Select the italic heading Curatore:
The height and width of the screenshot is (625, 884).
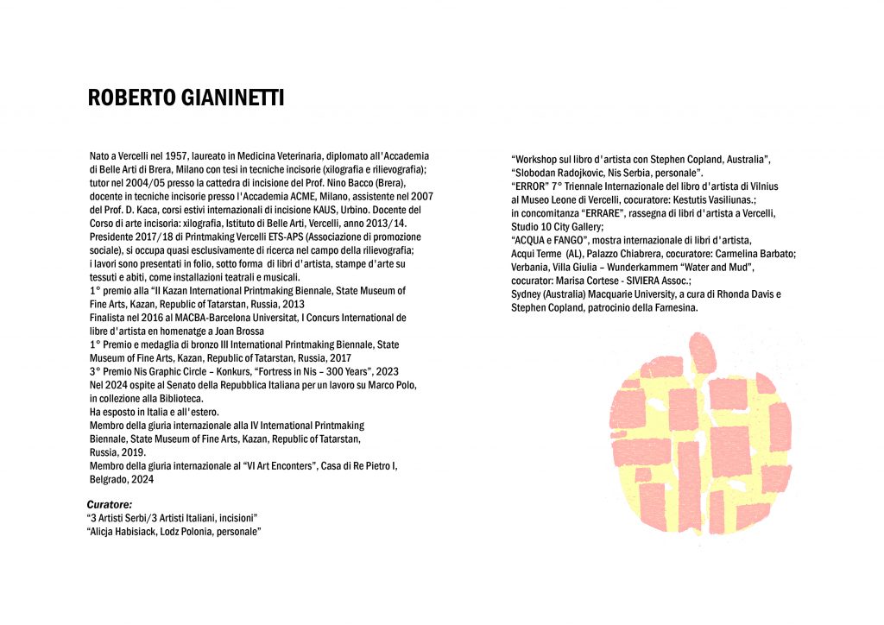click(110, 503)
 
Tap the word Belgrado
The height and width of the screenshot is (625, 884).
click(109, 479)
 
